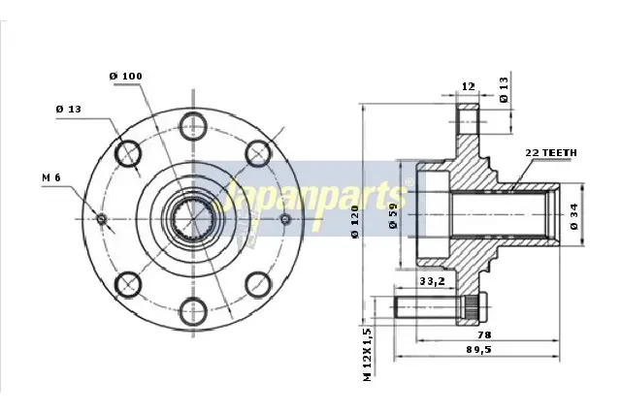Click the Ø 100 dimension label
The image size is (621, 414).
[125, 76]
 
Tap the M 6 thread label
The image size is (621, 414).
[51, 177]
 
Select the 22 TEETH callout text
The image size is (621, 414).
[551, 153]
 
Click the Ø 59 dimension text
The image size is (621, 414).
[393, 215]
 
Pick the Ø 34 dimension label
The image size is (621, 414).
[574, 216]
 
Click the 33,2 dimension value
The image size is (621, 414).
[432, 281]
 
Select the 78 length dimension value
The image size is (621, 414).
[484, 334]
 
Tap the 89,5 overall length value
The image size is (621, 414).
[478, 349]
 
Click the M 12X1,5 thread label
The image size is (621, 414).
[368, 355]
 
